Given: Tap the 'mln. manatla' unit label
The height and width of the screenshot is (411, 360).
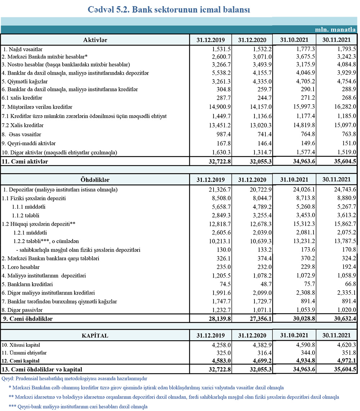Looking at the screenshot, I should click(336, 29).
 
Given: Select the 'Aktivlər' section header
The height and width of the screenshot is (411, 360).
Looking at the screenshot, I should click(95, 39).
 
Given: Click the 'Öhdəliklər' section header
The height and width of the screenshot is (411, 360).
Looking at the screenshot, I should click(95, 179).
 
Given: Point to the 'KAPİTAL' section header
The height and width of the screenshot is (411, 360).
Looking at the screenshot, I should click(95, 336).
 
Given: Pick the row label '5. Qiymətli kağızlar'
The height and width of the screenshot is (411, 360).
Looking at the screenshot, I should click(25, 81).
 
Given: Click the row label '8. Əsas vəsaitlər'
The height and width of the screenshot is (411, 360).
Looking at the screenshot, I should click(22, 134).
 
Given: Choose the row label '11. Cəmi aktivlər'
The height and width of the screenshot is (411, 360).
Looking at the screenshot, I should click(26, 162).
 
